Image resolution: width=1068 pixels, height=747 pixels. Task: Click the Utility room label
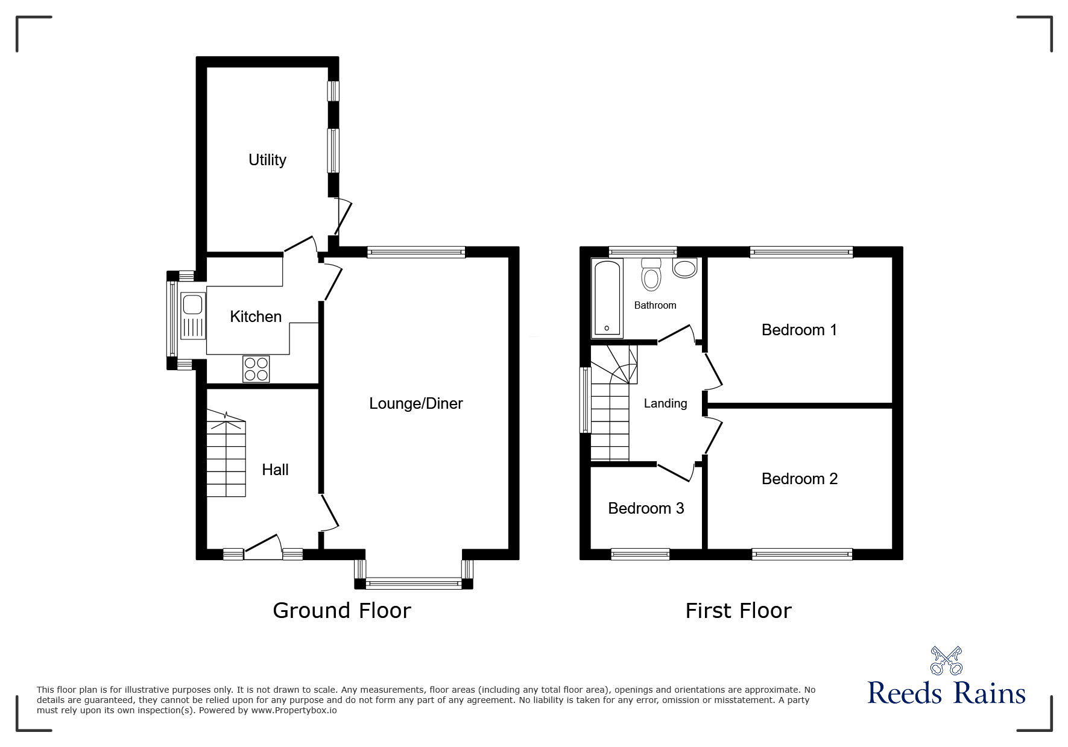(267, 160)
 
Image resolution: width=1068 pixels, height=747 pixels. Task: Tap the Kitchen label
(256, 317)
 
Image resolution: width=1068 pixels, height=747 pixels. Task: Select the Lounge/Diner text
(416, 403)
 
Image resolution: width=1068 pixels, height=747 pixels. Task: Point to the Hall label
(275, 470)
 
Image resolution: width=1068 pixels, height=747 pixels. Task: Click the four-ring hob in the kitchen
(256, 369)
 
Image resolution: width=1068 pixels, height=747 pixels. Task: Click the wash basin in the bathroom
(684, 268)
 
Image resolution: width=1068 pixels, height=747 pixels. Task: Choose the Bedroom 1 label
(799, 330)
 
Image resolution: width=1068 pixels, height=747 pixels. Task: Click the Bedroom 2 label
(799, 479)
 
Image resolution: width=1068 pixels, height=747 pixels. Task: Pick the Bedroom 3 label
(646, 508)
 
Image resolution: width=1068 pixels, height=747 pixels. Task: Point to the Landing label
(665, 403)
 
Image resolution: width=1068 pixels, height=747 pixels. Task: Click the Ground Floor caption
(341, 611)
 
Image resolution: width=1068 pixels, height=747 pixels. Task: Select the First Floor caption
(738, 611)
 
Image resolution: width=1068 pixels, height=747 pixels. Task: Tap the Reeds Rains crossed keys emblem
(946, 660)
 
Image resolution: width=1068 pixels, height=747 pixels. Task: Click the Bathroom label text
(655, 305)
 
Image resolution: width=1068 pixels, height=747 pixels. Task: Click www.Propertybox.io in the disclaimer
(294, 710)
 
